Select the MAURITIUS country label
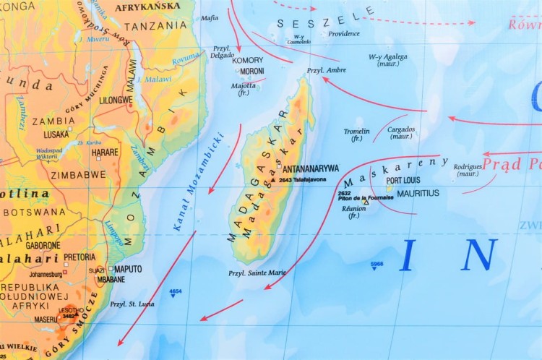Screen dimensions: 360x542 418,193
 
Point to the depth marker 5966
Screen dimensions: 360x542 377,265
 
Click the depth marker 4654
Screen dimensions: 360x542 175,291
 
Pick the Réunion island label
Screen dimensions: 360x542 353,207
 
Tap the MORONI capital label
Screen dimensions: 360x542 251,71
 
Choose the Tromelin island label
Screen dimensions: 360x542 356,132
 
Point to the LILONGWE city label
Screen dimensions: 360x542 116,100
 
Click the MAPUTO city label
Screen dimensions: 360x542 128,269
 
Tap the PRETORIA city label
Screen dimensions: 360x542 79,257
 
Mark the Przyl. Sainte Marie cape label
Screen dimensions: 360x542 257,273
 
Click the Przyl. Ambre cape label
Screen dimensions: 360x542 326,70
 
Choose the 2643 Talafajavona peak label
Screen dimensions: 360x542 302,179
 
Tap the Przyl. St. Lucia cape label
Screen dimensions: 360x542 132,304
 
